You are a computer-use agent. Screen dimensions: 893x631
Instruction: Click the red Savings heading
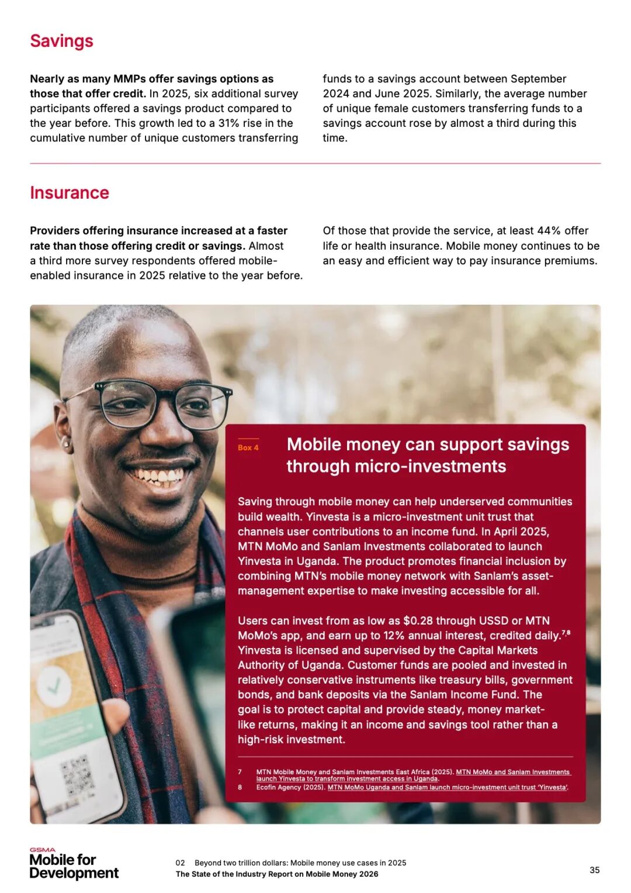pos(61,41)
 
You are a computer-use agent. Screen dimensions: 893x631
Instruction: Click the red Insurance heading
pos(70,193)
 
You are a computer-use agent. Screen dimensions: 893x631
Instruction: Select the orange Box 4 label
pos(248,447)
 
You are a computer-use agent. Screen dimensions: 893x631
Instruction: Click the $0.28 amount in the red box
pos(418,620)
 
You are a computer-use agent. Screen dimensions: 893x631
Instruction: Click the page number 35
pos(594,870)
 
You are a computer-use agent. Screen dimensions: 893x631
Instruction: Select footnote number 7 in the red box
pos(240,772)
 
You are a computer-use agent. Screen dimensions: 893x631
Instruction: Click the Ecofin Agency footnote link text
pos(448,787)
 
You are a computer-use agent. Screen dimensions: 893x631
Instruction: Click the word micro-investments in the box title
pos(396,466)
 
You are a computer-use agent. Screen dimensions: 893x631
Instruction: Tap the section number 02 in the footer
pos(180,863)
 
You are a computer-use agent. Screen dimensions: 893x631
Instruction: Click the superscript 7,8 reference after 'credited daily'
pos(566,633)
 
